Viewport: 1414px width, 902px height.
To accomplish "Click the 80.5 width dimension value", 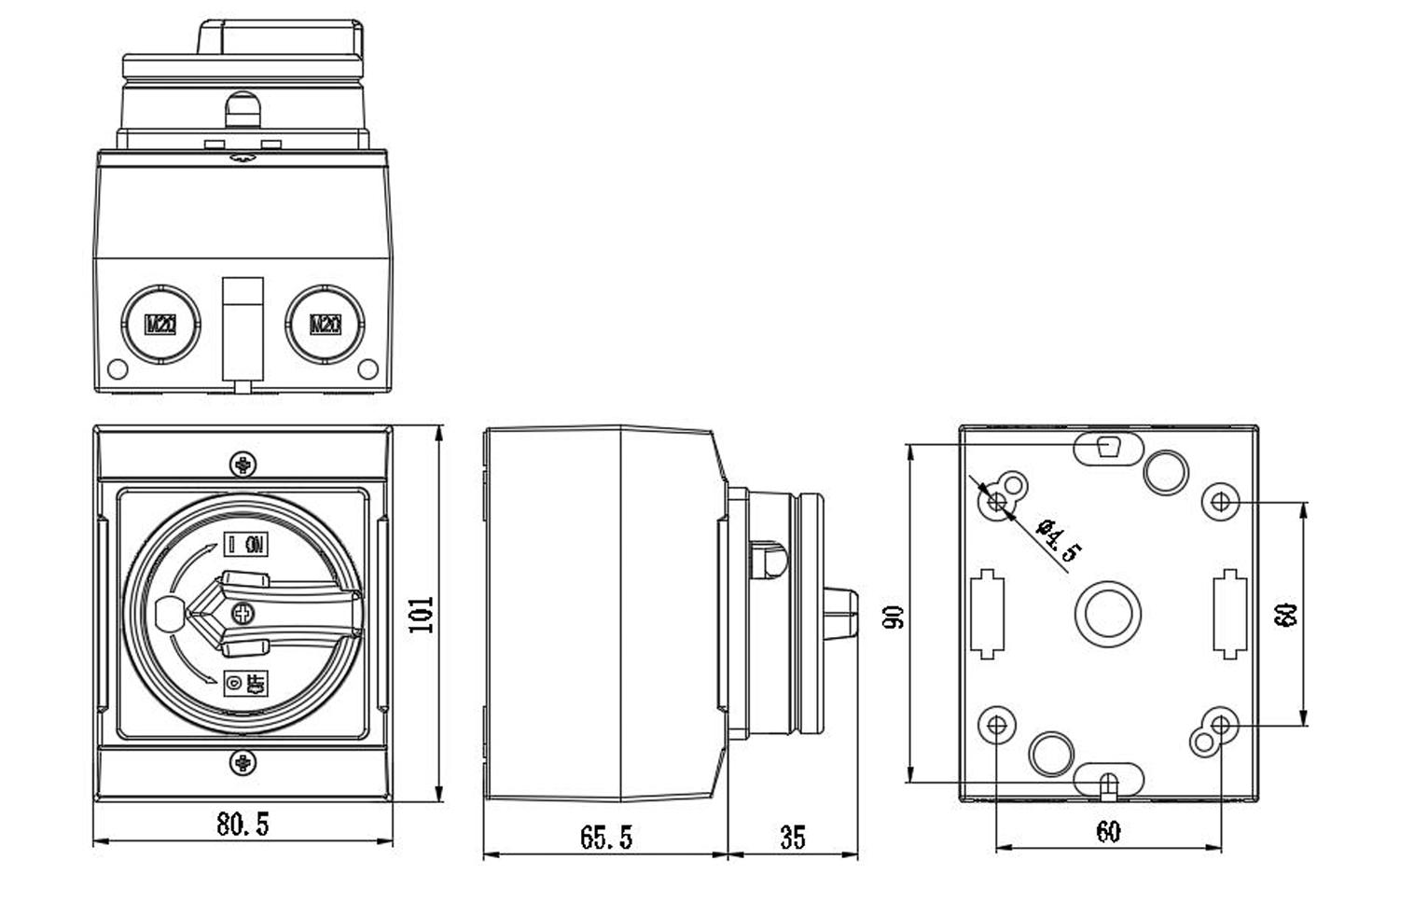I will tap(243, 824).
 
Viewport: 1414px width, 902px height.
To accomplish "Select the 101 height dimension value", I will tap(423, 614).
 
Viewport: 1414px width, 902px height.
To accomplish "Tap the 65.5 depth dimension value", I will tap(605, 837).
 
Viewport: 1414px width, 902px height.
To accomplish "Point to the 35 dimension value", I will tap(792, 837).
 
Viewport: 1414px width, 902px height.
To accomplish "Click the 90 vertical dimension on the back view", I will tap(894, 617).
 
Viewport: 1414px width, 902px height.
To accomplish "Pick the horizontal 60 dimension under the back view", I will tap(1107, 831).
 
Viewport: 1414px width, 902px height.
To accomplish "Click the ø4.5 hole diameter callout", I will tap(1058, 540).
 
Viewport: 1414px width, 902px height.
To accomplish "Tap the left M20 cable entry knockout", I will tap(160, 324).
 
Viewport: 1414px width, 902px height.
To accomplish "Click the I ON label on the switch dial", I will tap(246, 545).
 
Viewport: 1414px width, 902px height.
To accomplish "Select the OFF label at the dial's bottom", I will tap(246, 684).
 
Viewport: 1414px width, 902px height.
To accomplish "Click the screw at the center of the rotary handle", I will tap(243, 613).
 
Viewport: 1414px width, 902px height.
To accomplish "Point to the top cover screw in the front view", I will tap(243, 463).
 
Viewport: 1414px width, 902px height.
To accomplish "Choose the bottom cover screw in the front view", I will tap(243, 762).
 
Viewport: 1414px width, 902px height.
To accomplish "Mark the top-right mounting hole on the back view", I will tap(1220, 502).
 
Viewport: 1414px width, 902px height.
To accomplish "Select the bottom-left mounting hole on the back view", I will tap(996, 725).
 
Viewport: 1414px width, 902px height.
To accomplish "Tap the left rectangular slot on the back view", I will tap(987, 614).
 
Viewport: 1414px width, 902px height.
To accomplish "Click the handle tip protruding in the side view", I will tap(842, 615).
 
